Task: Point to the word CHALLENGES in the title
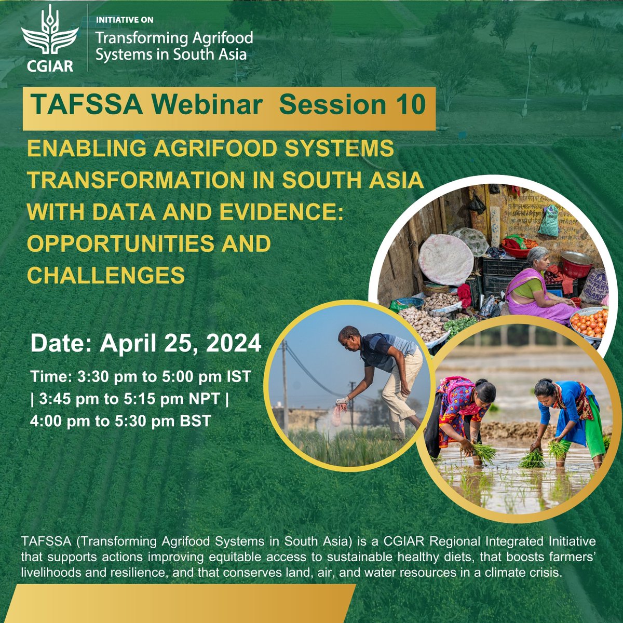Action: pyautogui.click(x=106, y=275)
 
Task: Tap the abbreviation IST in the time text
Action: pyautogui.click(x=238, y=376)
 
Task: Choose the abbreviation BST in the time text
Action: pyautogui.click(x=193, y=421)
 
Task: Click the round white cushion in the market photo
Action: pyautogui.click(x=445, y=259)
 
